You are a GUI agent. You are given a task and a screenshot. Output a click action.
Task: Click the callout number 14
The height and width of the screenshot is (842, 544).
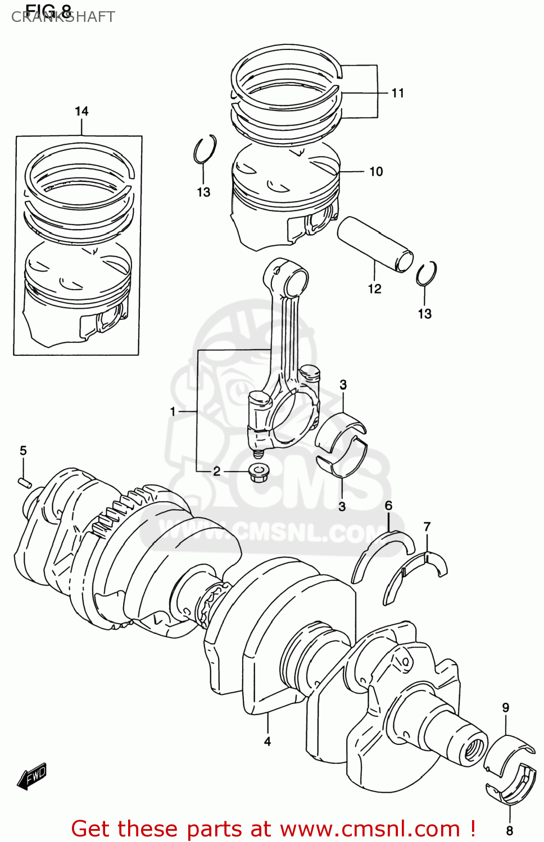[x=81, y=111]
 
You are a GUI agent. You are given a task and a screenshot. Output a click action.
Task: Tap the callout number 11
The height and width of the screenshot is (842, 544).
[x=398, y=93]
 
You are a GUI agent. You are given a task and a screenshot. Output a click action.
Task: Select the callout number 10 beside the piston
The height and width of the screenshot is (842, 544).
[x=376, y=172]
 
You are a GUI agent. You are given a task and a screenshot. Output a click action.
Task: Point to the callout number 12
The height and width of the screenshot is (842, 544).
[x=374, y=289]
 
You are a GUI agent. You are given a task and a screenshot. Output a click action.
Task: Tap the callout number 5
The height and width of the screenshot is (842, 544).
[x=23, y=451]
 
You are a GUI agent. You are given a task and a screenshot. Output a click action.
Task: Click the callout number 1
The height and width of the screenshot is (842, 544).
[x=173, y=411]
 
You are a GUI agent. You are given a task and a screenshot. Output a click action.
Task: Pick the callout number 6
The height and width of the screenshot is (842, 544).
[x=388, y=506]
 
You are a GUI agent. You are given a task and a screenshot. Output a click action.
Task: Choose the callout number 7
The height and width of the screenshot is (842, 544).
[x=427, y=527]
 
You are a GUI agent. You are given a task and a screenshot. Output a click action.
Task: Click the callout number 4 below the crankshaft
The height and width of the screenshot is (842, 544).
[x=268, y=742]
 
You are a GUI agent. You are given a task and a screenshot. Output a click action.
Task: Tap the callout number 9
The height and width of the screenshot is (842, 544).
[x=506, y=708]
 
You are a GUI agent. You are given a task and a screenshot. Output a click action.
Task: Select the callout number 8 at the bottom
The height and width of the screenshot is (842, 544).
[x=510, y=830]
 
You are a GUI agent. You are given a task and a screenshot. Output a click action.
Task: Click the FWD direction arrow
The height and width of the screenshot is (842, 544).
[x=32, y=777]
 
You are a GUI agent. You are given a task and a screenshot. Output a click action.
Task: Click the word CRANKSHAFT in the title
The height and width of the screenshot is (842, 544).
[x=63, y=17]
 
